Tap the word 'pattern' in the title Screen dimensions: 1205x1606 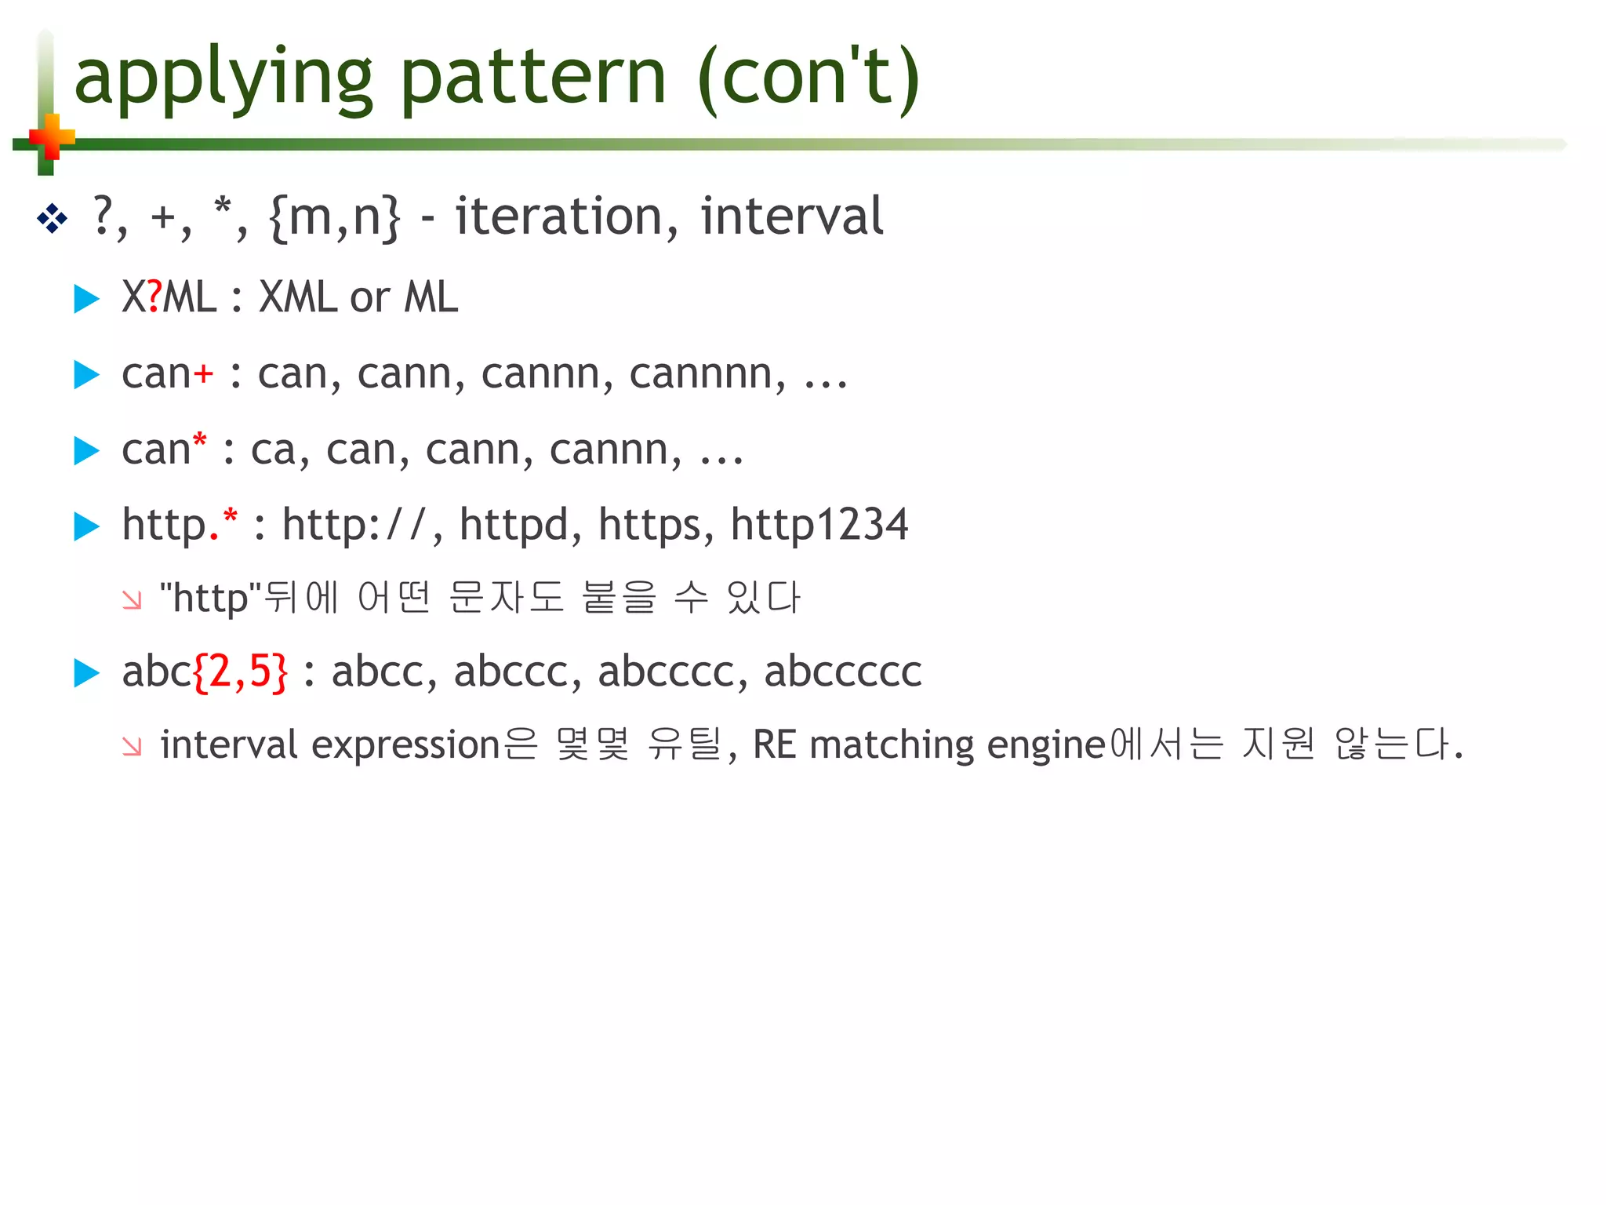tap(533, 78)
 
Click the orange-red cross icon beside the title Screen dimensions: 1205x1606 tap(51, 138)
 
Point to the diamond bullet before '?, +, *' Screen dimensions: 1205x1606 tap(53, 218)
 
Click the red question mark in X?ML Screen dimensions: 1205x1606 tap(154, 297)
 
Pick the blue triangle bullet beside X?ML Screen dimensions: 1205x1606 tap(86, 298)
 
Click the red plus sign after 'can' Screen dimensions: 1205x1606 tap(203, 373)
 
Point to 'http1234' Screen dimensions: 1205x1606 tap(819, 524)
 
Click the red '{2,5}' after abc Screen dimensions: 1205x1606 tap(240, 672)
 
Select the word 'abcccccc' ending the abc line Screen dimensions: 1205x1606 tap(843, 672)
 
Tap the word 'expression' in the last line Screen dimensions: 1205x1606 tap(405, 744)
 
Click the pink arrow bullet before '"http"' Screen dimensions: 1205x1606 tap(132, 600)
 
